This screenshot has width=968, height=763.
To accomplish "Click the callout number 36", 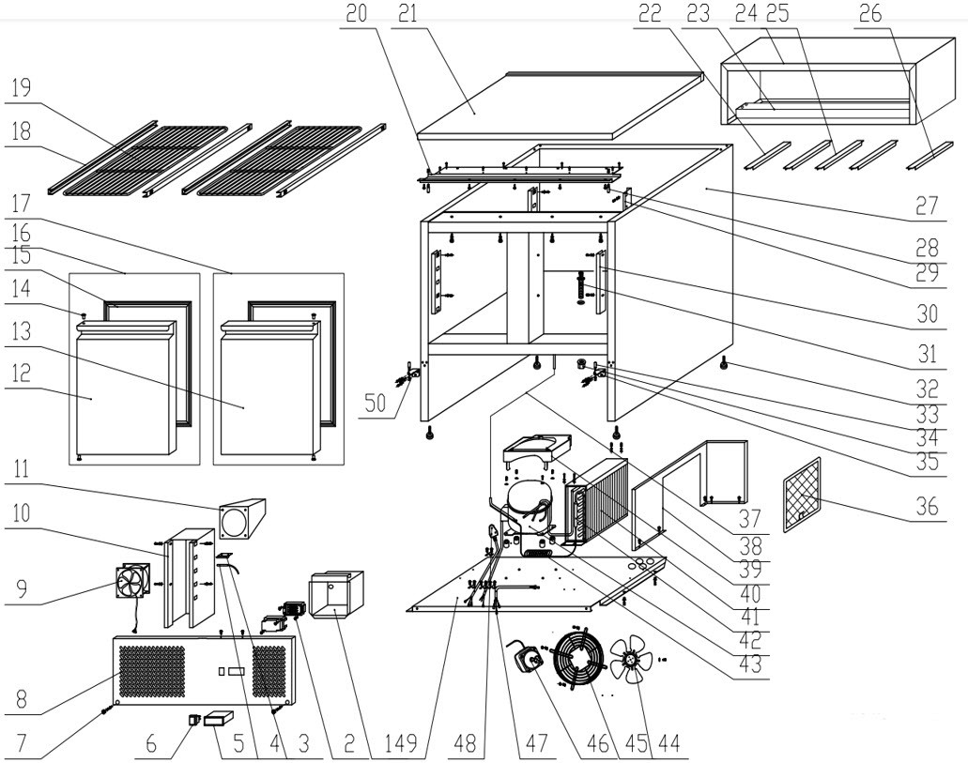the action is tap(927, 506).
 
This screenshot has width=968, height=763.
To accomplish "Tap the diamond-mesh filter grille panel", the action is tap(802, 495).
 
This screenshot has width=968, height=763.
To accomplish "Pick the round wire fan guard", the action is tap(578, 658).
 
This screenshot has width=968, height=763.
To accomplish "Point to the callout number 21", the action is tap(407, 13).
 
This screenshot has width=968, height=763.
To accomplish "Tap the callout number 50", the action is tap(376, 403).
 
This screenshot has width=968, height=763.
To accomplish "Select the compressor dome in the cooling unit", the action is tap(529, 503).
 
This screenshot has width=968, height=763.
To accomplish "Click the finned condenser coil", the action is tap(597, 504).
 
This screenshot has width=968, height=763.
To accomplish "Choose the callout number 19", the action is tap(21, 87).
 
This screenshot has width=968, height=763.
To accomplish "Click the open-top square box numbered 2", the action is tap(336, 594).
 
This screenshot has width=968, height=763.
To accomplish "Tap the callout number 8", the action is tap(21, 699).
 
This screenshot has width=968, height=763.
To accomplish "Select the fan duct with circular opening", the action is tap(242, 519).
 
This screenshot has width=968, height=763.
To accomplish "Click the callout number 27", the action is tap(927, 206).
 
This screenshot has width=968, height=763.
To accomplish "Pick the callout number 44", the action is tap(668, 742).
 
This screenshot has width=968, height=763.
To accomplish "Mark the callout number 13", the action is tap(21, 331).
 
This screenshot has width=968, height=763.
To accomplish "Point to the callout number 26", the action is tap(869, 13).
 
